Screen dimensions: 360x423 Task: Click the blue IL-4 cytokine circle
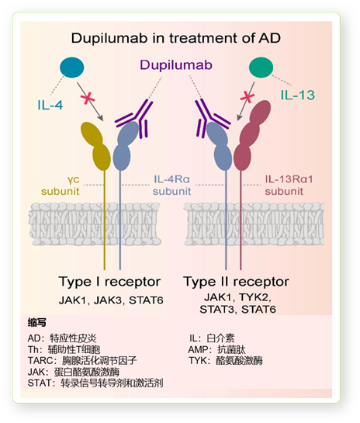tap(71, 68)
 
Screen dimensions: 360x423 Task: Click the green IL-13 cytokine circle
tap(261, 68)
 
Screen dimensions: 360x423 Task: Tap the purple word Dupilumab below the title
tap(176, 65)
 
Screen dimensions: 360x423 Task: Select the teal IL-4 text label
tap(50, 105)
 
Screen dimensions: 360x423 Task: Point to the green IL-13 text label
tap(298, 95)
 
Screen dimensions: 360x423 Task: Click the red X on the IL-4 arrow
tap(88, 98)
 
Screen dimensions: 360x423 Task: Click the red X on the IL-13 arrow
tap(247, 96)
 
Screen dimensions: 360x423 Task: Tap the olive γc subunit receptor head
tap(95, 147)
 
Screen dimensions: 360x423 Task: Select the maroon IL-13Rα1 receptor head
tap(252, 136)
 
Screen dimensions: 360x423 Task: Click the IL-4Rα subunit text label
tap(171, 185)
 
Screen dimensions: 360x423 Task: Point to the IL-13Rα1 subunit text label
tap(289, 185)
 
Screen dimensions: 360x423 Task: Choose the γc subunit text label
tap(61, 185)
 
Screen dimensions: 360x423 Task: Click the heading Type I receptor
tap(109, 282)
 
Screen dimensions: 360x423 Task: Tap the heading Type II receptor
tap(236, 282)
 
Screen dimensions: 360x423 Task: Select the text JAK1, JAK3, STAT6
tap(111, 300)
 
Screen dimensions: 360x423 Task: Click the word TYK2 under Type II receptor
tap(254, 297)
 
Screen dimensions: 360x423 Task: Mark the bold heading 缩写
tap(37, 323)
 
